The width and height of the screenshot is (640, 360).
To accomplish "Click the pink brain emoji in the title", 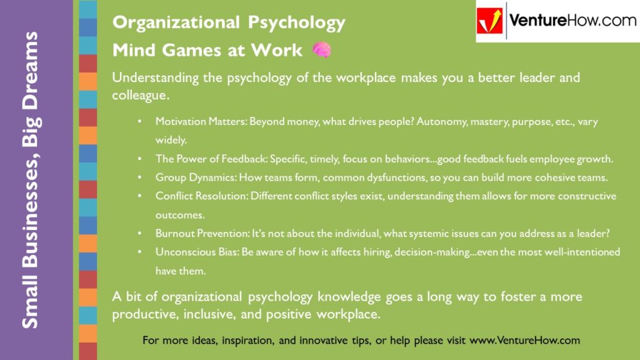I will (321, 50).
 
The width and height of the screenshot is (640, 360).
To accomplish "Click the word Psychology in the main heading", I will (297, 23).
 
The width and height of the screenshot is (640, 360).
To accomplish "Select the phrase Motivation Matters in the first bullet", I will (200, 122).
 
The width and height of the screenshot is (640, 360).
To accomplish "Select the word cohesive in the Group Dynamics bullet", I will (551, 177).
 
